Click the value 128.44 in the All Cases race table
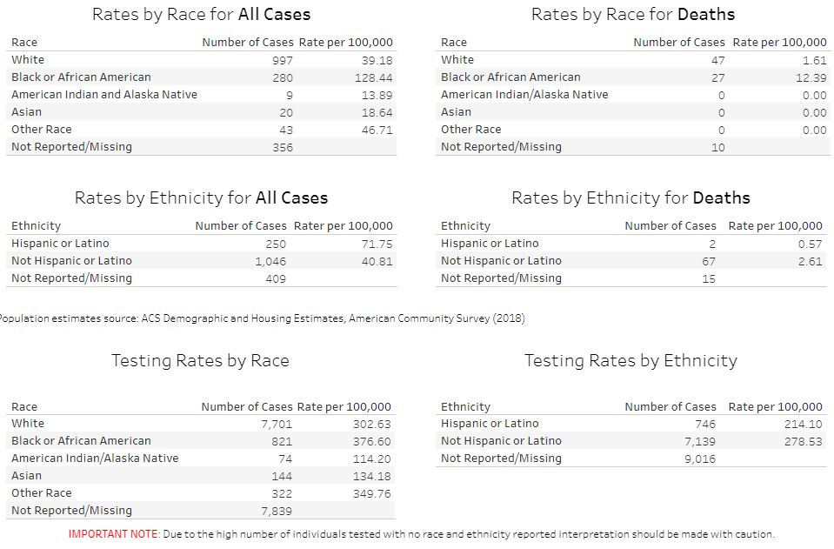tap(375, 77)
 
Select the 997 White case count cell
tap(283, 60)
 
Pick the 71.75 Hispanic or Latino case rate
tap(377, 244)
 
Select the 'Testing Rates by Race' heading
tap(200, 361)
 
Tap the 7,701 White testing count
tap(277, 425)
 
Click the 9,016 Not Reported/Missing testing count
tap(699, 459)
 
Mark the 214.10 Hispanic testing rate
tap(803, 424)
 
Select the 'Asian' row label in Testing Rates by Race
tap(27, 476)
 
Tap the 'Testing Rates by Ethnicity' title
tap(631, 361)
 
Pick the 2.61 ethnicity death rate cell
tap(810, 261)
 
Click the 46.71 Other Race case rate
tap(377, 130)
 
